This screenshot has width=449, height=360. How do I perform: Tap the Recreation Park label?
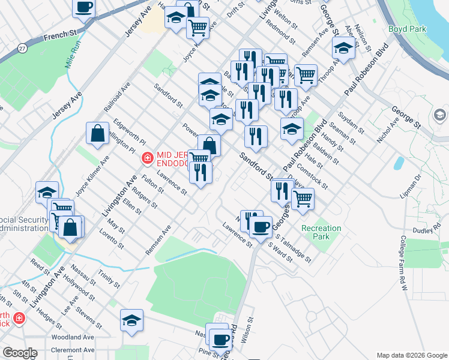321,232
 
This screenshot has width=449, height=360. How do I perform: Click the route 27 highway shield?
22,47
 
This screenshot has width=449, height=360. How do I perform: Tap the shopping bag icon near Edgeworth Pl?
97,134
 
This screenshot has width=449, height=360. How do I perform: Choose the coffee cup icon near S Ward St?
261,227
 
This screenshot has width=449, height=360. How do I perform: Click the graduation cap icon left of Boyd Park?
343,47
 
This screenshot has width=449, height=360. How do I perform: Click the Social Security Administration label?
24,223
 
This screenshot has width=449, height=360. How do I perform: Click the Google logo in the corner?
20,353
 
